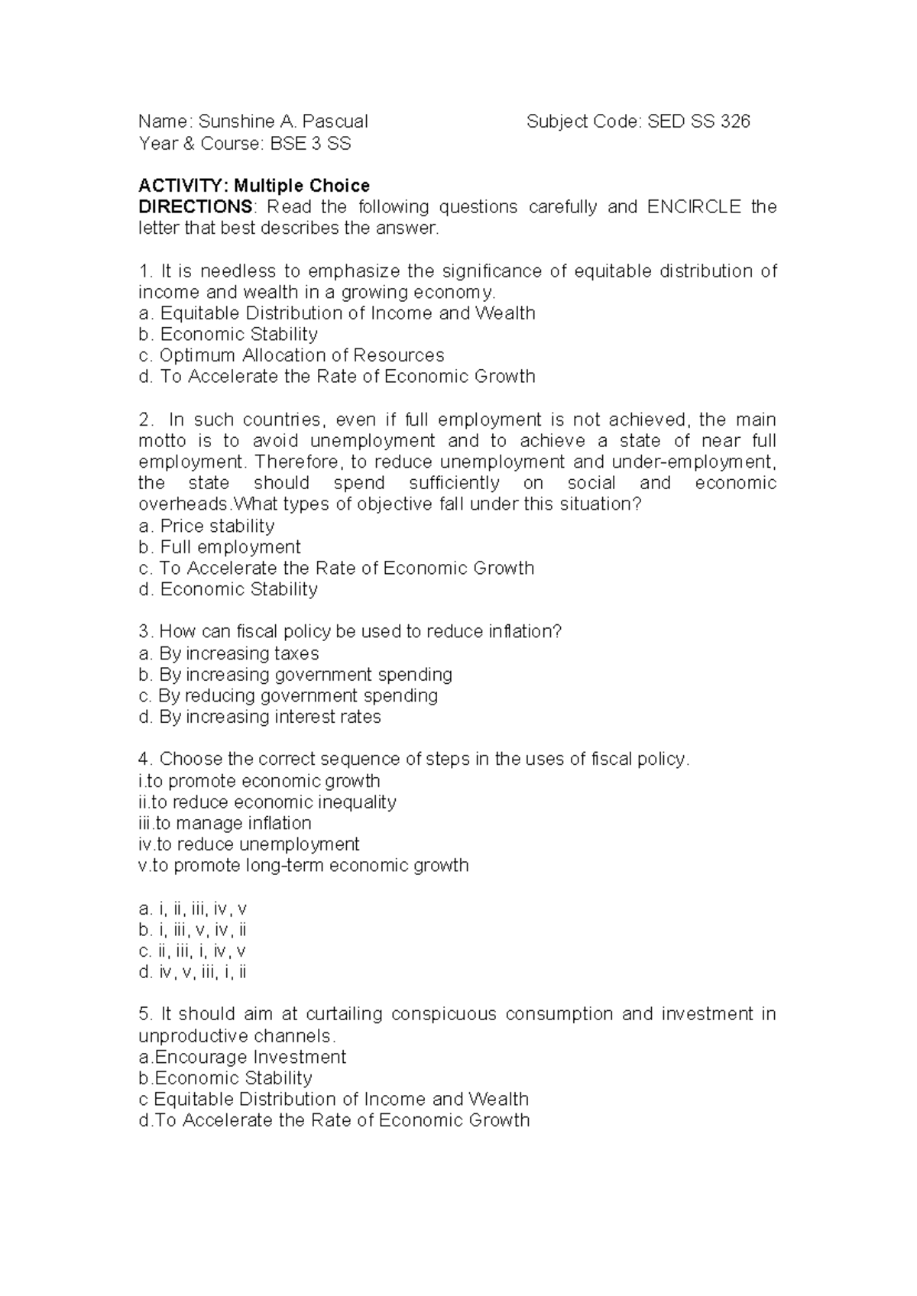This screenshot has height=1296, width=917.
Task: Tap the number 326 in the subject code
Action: click(734, 122)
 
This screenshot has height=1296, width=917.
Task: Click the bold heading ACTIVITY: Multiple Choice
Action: click(254, 186)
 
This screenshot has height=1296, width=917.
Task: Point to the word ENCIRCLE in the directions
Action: click(694, 207)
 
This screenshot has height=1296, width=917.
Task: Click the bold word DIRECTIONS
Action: click(195, 207)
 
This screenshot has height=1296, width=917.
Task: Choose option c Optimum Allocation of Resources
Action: click(291, 355)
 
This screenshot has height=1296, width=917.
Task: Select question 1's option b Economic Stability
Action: click(228, 335)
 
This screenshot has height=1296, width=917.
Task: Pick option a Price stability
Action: click(206, 526)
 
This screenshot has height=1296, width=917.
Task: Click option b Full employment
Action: click(219, 547)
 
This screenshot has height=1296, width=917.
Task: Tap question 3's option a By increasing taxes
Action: click(228, 653)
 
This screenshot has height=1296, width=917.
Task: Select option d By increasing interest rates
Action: click(259, 717)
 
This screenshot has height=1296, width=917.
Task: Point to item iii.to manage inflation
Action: click(225, 823)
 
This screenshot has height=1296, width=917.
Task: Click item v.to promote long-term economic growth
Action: click(303, 865)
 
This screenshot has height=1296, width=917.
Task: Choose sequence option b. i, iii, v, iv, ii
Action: click(193, 930)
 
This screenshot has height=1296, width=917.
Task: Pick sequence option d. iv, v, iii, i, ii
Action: click(193, 972)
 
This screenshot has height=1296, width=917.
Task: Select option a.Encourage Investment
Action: click(242, 1057)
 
